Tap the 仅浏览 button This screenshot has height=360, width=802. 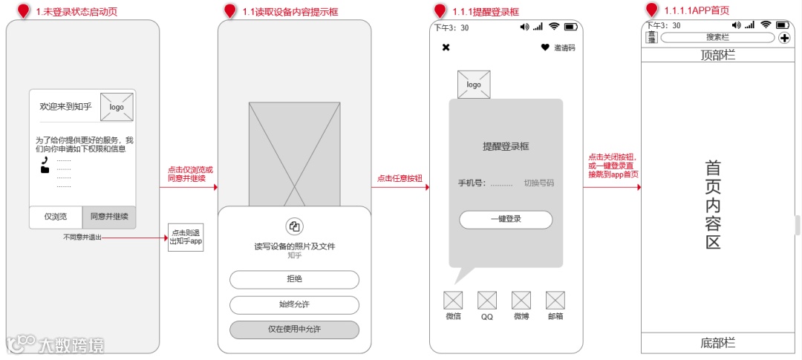56,217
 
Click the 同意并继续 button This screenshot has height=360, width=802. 109,217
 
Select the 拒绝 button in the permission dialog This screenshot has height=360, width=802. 294,279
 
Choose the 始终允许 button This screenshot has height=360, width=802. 294,304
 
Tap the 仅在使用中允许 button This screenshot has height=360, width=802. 294,329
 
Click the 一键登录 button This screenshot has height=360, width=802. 506,220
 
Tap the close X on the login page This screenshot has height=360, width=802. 446,48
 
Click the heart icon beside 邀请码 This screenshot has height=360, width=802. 545,48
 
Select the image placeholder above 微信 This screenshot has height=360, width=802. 453,301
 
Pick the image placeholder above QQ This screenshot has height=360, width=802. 487,301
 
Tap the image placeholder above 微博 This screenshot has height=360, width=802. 521,301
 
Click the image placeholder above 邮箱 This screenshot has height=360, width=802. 555,301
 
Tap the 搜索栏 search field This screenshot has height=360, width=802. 717,37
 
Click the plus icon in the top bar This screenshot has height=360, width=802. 784,38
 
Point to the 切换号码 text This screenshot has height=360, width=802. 539,183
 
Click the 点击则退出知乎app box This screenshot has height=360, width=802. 186,237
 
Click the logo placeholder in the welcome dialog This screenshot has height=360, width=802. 117,106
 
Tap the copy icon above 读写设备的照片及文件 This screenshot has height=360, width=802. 294,226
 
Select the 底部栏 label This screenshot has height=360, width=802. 717,342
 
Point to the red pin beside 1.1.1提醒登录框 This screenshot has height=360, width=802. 440,10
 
